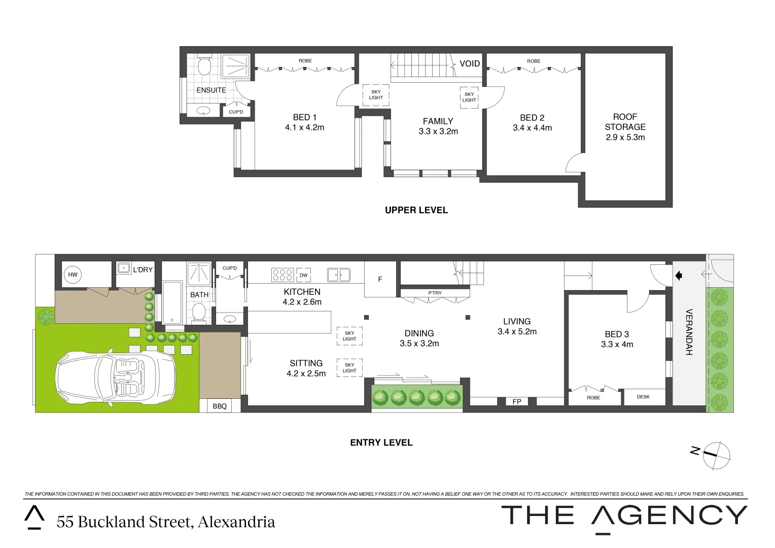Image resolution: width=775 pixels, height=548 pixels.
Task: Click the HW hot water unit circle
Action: pyautogui.click(x=73, y=275)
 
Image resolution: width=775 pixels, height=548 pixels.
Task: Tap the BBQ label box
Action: pyautogui.click(x=220, y=406)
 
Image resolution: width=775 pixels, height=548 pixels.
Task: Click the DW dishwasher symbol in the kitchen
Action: pyautogui.click(x=304, y=275)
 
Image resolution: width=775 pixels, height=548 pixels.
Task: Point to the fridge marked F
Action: pyautogui.click(x=380, y=280)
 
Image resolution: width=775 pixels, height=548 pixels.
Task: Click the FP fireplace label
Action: pyautogui.click(x=517, y=401)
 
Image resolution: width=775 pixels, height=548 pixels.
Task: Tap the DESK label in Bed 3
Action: pyautogui.click(x=643, y=397)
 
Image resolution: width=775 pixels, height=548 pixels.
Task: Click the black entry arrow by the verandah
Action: pyautogui.click(x=679, y=276)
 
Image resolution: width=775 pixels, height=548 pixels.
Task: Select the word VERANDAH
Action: pyautogui.click(x=689, y=332)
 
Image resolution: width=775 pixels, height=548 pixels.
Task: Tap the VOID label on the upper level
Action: pyautogui.click(x=470, y=64)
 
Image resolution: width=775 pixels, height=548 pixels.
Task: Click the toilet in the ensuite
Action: pyautogui.click(x=205, y=65)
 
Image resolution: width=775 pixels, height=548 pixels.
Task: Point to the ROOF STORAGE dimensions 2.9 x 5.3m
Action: pyautogui.click(x=625, y=138)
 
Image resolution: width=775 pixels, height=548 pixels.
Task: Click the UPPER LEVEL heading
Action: pyautogui.click(x=416, y=210)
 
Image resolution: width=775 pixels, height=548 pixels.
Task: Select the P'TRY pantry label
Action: pyautogui.click(x=435, y=293)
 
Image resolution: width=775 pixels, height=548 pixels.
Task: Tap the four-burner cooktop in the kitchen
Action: pyautogui.click(x=283, y=275)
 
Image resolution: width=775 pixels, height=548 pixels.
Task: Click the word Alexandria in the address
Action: pyautogui.click(x=236, y=522)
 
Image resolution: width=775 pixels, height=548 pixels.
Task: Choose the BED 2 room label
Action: pyautogui.click(x=532, y=118)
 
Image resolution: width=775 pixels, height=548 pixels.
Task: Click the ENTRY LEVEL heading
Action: pyautogui.click(x=381, y=442)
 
